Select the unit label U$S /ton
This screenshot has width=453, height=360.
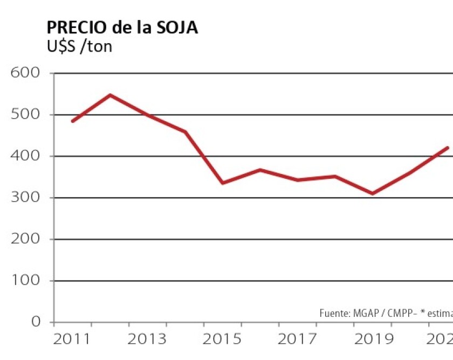pyautogui.click(x=80, y=47)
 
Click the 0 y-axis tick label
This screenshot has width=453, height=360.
pyautogui.click(x=36, y=322)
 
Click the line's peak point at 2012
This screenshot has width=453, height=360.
pyautogui.click(x=110, y=95)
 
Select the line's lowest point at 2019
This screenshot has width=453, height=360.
pyautogui.click(x=372, y=193)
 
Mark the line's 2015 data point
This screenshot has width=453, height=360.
pyautogui.click(x=222, y=183)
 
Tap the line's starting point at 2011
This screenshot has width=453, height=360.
pyautogui.click(x=73, y=121)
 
